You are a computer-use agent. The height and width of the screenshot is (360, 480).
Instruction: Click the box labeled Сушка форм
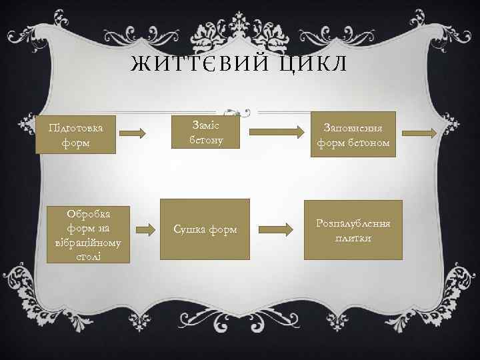tap(205, 229)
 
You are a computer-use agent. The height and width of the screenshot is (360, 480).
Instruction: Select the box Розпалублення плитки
tap(353, 229)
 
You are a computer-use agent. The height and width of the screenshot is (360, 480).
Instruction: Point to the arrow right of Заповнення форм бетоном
tap(421, 133)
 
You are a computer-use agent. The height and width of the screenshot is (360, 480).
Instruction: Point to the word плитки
tap(354, 238)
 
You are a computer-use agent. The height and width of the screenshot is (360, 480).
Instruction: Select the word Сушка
tap(189, 230)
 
